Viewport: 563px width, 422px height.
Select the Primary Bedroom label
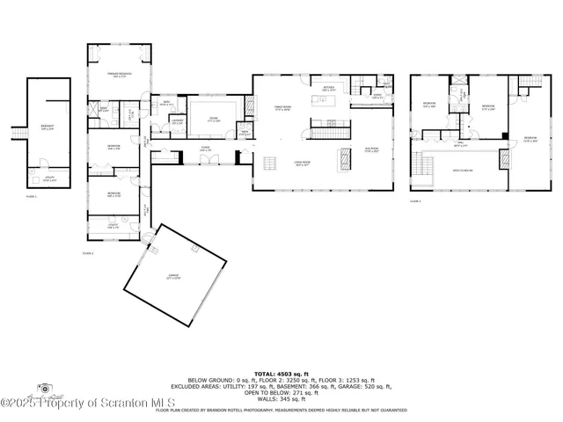coord(119,75)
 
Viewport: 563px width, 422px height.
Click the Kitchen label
coord(329,89)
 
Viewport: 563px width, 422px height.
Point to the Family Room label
coord(281,107)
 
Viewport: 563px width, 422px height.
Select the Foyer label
coord(204,149)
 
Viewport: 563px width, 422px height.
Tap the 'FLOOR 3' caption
coord(415,201)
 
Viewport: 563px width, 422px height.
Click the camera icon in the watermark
coord(42,388)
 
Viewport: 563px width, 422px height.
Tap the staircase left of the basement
coord(15,132)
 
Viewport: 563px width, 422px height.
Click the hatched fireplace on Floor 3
coord(504,160)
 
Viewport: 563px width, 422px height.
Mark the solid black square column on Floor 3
coord(503,135)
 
